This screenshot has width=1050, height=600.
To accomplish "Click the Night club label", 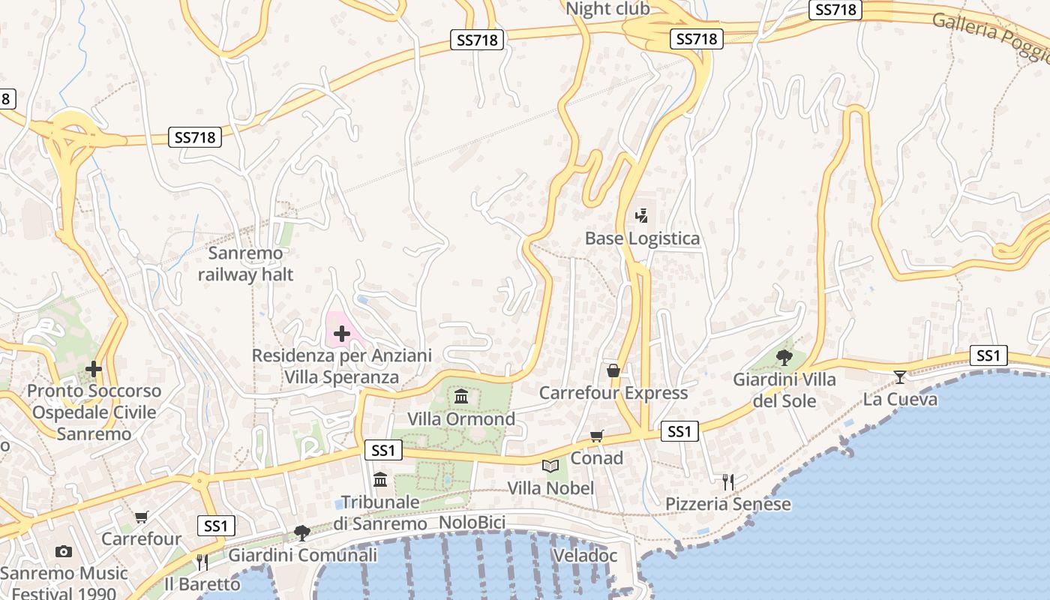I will (607, 9).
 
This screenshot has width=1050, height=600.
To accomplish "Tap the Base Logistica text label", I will (642, 238).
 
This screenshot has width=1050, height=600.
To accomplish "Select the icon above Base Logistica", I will (641, 217).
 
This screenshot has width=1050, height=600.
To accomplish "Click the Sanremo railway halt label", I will (245, 264).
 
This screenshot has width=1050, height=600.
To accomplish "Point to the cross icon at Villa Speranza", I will (342, 333).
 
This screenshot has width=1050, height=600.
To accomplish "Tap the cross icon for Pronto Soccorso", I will (94, 369).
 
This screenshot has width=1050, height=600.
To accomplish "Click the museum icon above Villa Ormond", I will (461, 396).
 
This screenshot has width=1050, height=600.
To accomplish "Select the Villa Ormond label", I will (461, 418).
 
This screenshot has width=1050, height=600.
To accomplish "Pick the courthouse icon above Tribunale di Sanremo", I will (380, 479).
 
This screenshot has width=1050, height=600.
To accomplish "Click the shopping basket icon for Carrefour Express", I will (613, 370).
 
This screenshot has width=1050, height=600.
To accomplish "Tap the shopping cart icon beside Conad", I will (597, 436).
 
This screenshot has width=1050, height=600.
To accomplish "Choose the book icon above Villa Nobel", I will (550, 466).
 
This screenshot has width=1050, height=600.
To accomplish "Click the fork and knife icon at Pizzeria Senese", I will (727, 481).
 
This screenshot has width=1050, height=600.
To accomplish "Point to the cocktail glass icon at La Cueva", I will (900, 376).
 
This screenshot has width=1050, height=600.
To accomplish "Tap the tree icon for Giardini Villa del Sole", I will (784, 357).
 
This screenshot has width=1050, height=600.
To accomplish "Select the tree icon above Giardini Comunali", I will (302, 532).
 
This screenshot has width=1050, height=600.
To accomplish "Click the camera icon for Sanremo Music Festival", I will (64, 552).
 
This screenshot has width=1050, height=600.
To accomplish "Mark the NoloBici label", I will (472, 522).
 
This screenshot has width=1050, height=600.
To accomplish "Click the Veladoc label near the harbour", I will (584, 556).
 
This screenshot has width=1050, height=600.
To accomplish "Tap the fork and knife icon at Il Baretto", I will (202, 562).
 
